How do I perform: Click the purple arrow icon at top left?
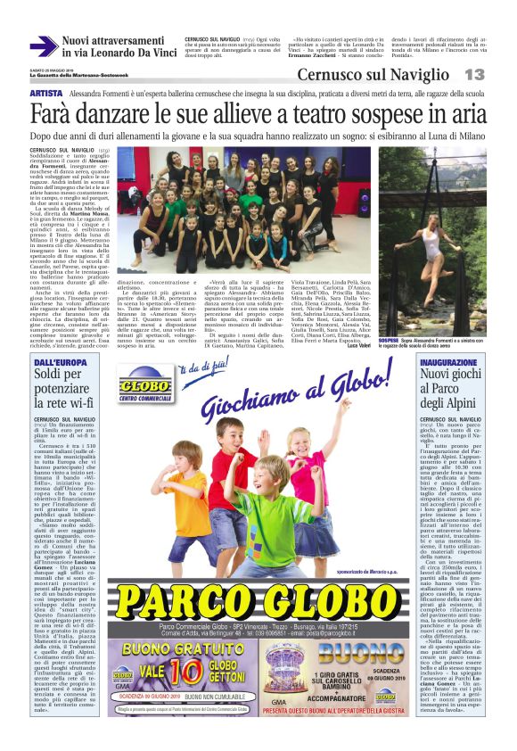point(43,46)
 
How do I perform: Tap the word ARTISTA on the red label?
point(45,94)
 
